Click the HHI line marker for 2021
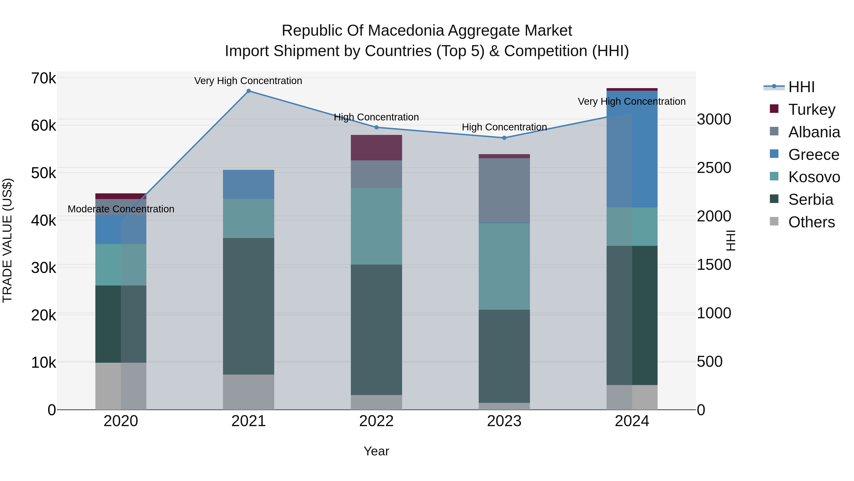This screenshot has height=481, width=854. pyautogui.click(x=248, y=91)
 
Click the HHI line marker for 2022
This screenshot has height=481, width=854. pyautogui.click(x=376, y=128)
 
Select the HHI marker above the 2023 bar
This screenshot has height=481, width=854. pyautogui.click(x=504, y=138)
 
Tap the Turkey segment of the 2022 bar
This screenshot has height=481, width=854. pyautogui.click(x=376, y=148)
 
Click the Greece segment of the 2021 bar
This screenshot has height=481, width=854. pyautogui.click(x=248, y=184)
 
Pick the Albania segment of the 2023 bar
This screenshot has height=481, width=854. pyautogui.click(x=504, y=190)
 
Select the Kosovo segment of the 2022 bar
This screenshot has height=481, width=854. pyautogui.click(x=376, y=226)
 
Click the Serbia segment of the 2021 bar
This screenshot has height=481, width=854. pyautogui.click(x=248, y=306)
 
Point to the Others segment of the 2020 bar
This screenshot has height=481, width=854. pyautogui.click(x=121, y=386)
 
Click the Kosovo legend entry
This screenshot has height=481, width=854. pyautogui.click(x=814, y=177)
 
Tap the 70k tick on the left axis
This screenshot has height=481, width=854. pyautogui.click(x=43, y=79)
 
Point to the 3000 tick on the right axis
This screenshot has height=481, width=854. pyautogui.click(x=714, y=119)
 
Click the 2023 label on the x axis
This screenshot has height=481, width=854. pyautogui.click(x=504, y=421)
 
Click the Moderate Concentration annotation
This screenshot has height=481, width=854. pyautogui.click(x=121, y=209)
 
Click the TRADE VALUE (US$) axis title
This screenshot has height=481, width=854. pyautogui.click(x=7, y=240)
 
